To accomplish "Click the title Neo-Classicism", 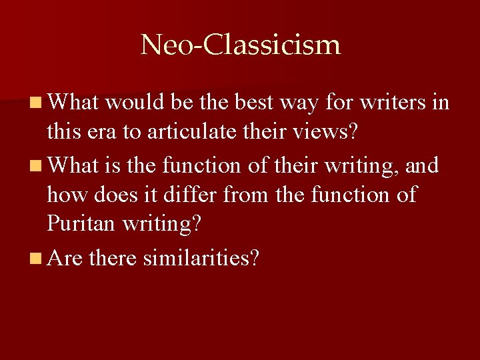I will point(240,45).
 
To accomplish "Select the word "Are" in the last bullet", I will point(65,257).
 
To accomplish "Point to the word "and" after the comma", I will point(421,164).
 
